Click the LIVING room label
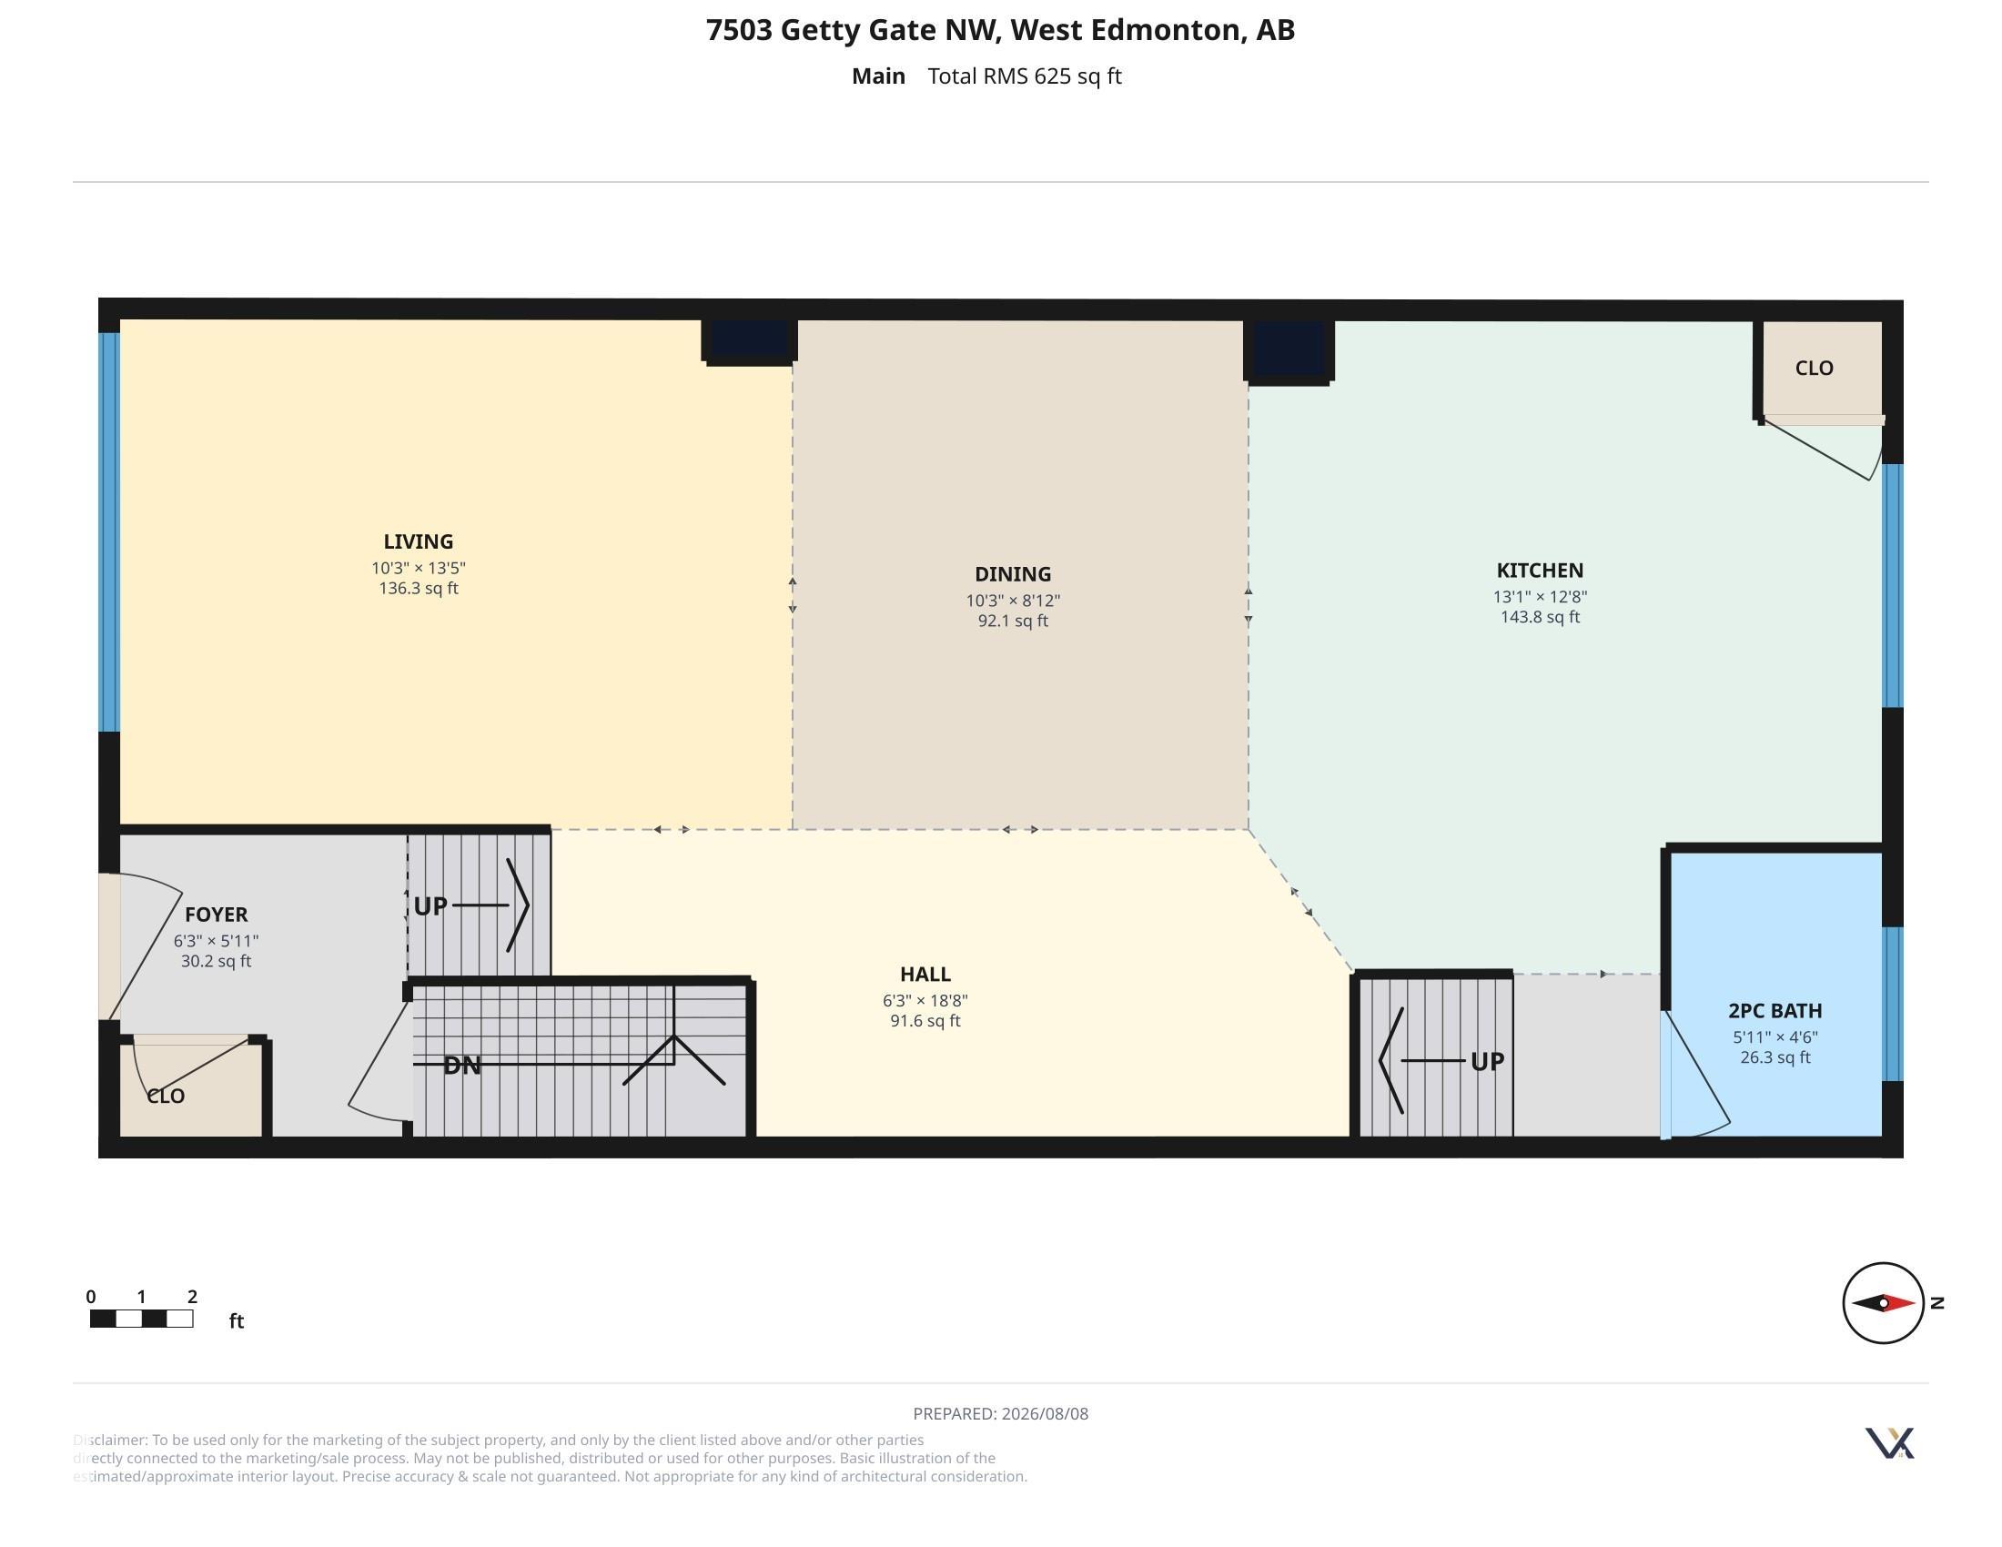[418, 541]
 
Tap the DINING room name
[1012, 574]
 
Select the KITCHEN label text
[1540, 570]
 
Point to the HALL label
[925, 975]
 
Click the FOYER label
[217, 915]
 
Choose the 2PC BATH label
[1774, 1011]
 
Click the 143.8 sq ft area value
[1540, 617]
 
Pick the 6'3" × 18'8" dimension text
[925, 1001]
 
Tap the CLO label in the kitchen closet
[1814, 369]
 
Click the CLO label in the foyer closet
[166, 1097]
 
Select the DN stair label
[462, 1066]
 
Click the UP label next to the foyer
[430, 906]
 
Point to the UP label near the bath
[1487, 1061]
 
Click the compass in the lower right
[1883, 1302]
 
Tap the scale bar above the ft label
[141, 1319]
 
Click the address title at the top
[1000, 30]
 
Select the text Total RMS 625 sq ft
[1024, 76]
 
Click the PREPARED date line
[1000, 1413]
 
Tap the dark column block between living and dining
[749, 341]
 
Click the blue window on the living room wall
[109, 531]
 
